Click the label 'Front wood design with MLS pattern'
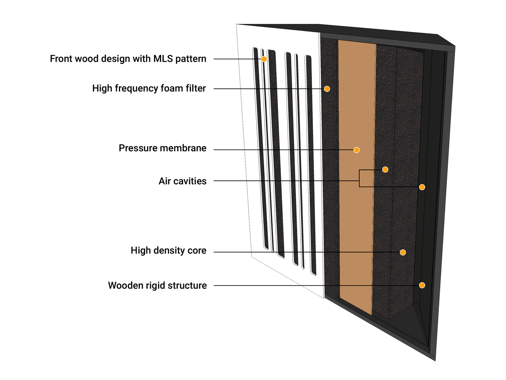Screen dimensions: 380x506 [x=128, y=59]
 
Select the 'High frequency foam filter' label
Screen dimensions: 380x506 [x=149, y=89]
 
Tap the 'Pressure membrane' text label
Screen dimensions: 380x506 [x=162, y=148]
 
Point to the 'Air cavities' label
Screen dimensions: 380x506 [x=183, y=181]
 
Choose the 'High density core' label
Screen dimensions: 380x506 [x=168, y=251]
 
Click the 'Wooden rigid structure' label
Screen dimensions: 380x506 [x=157, y=285]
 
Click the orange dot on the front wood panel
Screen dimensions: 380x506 [x=264, y=59]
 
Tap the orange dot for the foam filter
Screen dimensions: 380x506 [x=326, y=89]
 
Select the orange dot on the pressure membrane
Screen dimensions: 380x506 [x=356, y=150]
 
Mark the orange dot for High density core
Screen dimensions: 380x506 [x=403, y=252]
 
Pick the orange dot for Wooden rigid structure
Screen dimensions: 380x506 [x=422, y=285]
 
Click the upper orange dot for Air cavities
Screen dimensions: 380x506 [x=385, y=169]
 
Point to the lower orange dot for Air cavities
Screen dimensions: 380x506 [x=422, y=187]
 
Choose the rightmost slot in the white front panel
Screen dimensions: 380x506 [x=311, y=165]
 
